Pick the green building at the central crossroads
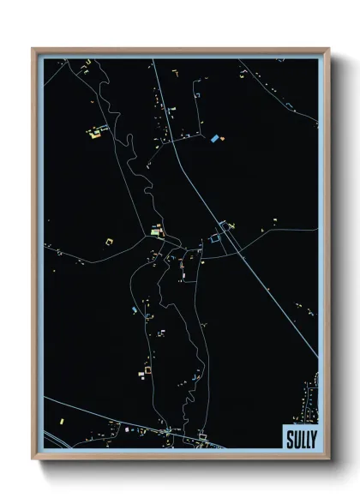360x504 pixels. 155,231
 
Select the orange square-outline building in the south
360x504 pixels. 147,369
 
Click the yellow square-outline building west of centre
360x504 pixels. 108,242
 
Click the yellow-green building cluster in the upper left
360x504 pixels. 94,132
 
